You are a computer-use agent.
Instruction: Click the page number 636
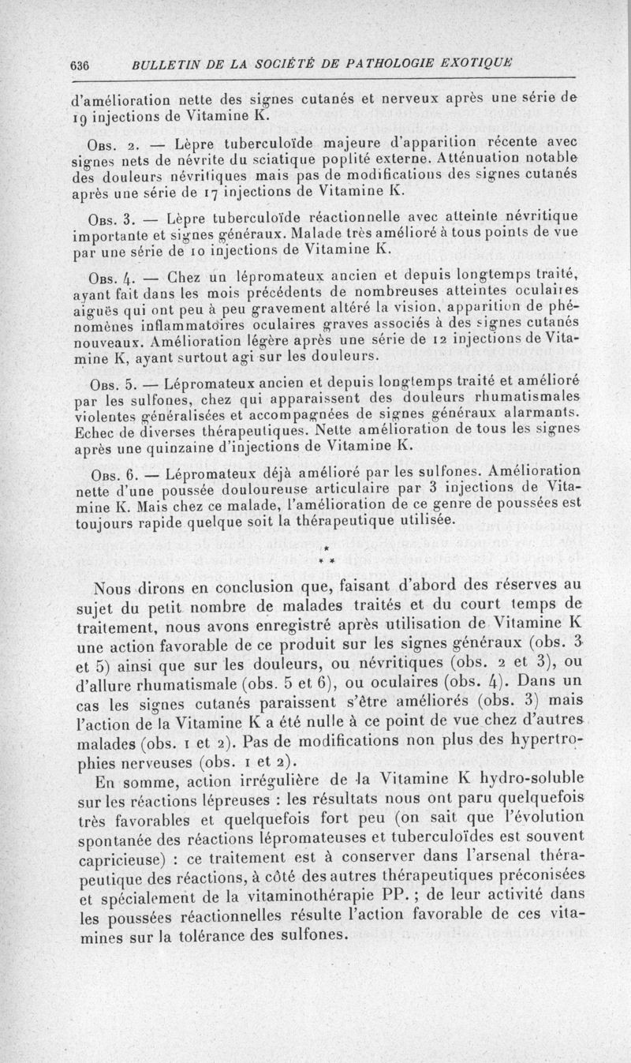81,65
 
